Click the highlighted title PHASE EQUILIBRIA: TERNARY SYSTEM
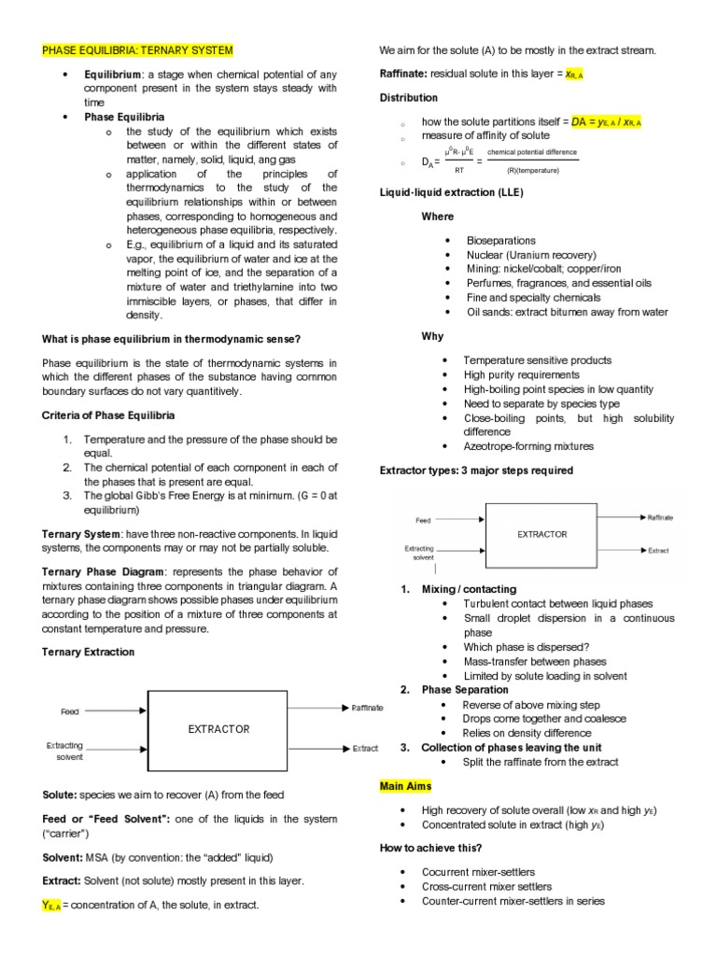click(x=137, y=49)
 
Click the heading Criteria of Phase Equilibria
click(x=108, y=415)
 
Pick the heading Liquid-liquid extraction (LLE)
click(x=452, y=192)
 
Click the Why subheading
click(x=432, y=336)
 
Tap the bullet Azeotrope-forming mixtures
click(x=528, y=446)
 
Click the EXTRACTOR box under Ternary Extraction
click(x=219, y=728)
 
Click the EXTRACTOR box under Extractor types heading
click(x=542, y=533)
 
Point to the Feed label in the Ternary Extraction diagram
click(x=70, y=711)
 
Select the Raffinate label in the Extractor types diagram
click(x=660, y=517)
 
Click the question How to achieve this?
click(x=430, y=848)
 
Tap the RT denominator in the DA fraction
click(x=458, y=171)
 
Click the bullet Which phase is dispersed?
click(x=527, y=647)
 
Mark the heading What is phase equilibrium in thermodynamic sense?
click(x=172, y=338)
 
